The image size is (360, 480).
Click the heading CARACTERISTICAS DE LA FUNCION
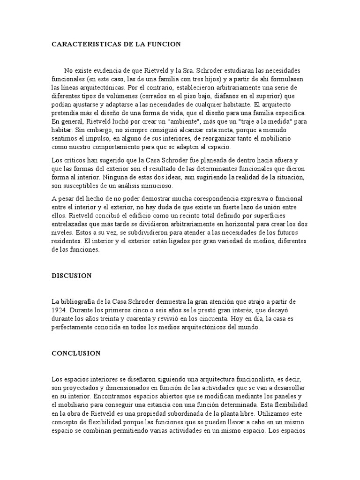116,44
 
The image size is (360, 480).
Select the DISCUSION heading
72,276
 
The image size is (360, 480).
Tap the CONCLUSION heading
76,353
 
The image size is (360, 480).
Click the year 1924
60,310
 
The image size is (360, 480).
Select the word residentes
67,241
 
